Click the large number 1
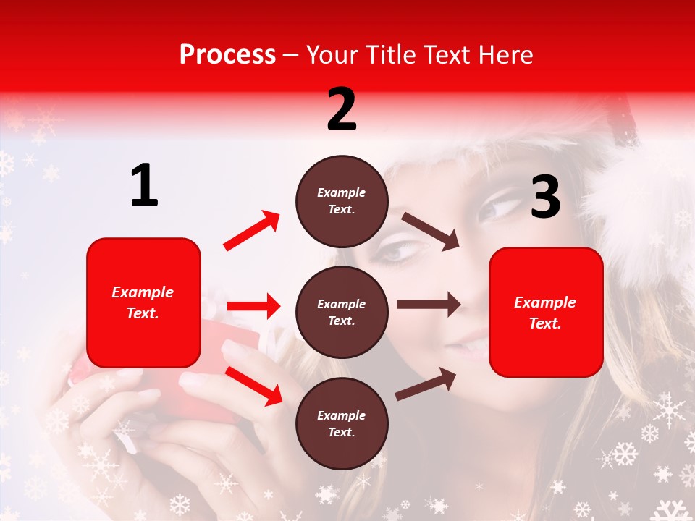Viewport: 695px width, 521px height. (144, 186)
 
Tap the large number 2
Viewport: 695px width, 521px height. (342, 109)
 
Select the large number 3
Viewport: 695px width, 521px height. (545, 198)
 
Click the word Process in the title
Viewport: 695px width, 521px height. (227, 54)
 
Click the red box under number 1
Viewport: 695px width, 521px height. (143, 302)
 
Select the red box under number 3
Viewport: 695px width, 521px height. (546, 313)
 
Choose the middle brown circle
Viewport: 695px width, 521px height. (342, 312)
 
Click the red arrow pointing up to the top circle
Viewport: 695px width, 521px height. (252, 231)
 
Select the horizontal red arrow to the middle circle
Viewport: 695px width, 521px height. (253, 306)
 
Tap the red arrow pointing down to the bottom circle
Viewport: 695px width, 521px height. (253, 385)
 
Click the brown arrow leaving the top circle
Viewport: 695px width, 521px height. (431, 232)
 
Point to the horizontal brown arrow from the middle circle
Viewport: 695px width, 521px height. (428, 305)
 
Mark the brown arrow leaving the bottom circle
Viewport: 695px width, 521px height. (426, 384)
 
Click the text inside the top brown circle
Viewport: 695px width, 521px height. (342, 201)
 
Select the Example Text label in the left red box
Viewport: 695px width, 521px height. (143, 302)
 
